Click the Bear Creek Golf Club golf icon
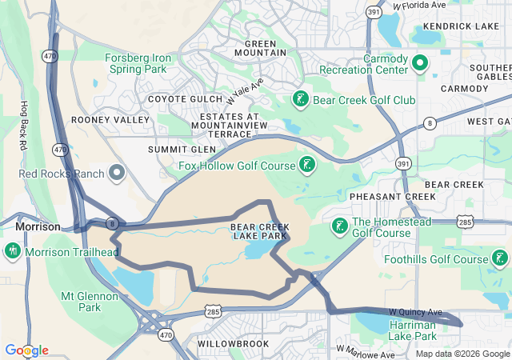[x=300, y=100]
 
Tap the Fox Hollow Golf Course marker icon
[x=306, y=166]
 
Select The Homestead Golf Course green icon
[x=340, y=226]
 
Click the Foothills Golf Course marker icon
[x=500, y=258]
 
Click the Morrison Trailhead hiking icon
[x=13, y=252]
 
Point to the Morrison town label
[x=38, y=227]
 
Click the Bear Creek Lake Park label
[x=260, y=232]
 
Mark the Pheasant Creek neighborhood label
[x=382, y=196]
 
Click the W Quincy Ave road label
[x=415, y=311]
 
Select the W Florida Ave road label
[x=419, y=5]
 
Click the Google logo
[x=26, y=350]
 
